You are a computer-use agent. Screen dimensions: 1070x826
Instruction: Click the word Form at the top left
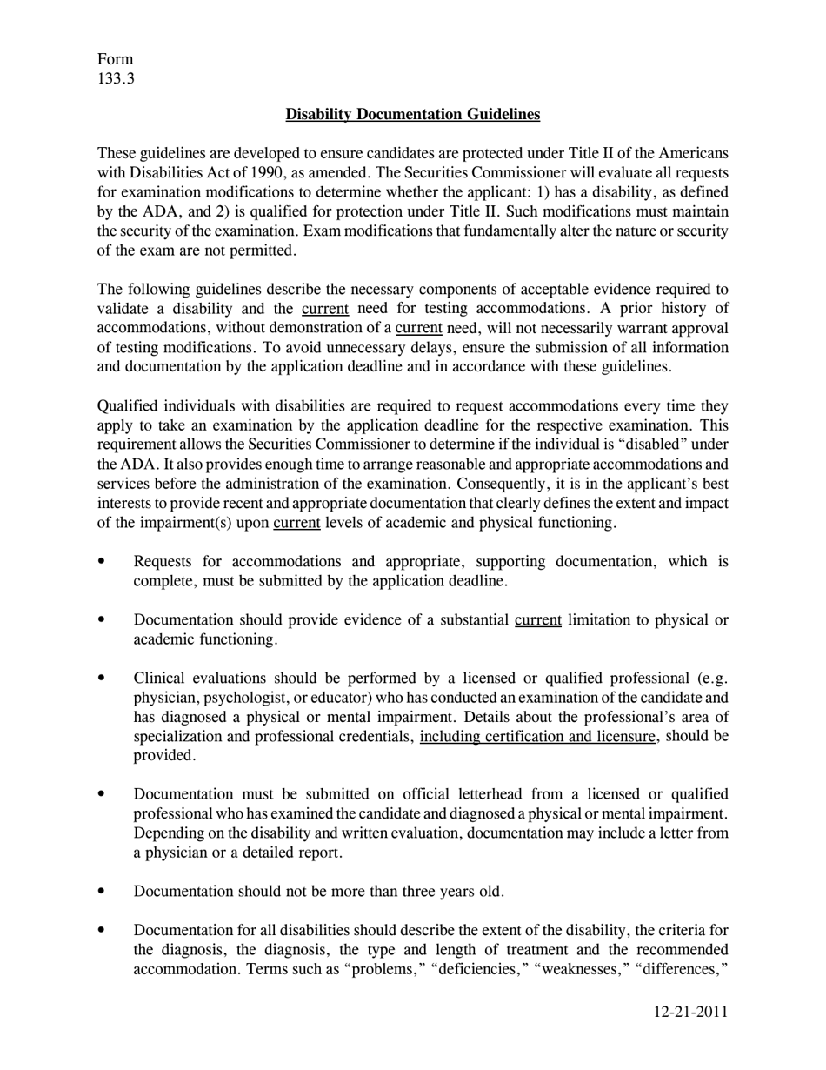coord(115,59)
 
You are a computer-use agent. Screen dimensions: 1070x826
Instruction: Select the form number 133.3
coord(116,80)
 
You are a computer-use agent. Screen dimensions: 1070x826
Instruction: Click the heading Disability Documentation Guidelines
coord(412,114)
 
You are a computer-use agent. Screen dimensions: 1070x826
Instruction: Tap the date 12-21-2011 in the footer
coord(690,1012)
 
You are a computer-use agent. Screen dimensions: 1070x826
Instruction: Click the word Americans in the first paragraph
coord(692,153)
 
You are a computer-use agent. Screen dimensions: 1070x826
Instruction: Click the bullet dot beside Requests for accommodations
coord(103,561)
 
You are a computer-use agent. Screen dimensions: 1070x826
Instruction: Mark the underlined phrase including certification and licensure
coord(538,737)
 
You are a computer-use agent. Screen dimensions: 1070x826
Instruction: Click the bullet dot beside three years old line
coord(103,891)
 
